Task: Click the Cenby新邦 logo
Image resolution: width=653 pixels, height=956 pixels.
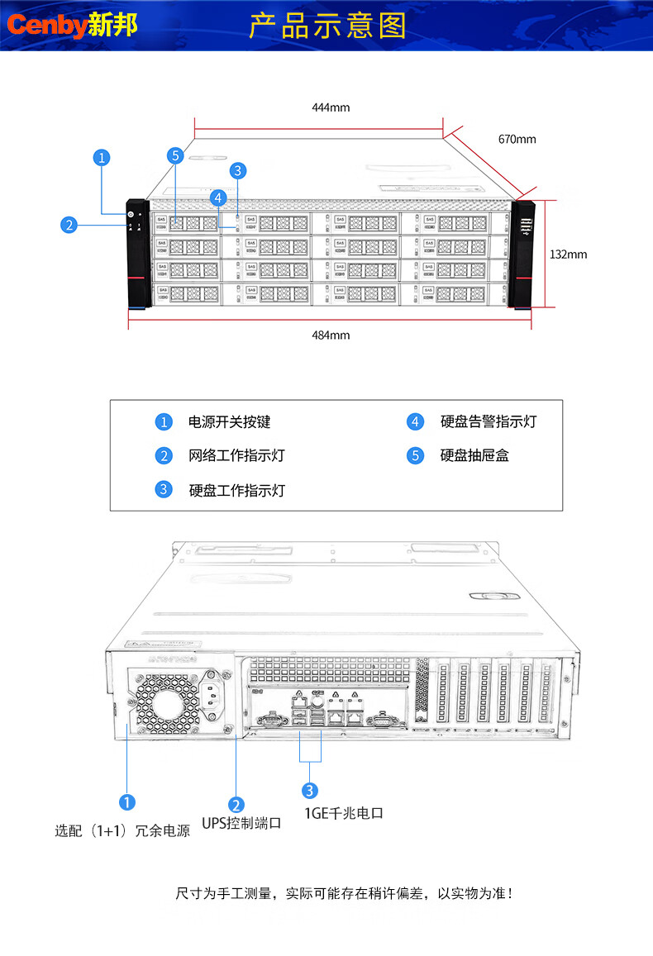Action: pyautogui.click(x=73, y=26)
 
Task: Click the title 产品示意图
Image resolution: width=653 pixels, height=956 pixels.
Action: pyautogui.click(x=328, y=26)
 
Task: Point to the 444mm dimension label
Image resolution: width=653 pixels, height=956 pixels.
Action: pyautogui.click(x=331, y=107)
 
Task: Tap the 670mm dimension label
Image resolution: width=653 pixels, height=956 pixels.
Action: pyautogui.click(x=517, y=139)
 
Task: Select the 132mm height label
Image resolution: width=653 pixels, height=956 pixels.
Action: pyautogui.click(x=568, y=254)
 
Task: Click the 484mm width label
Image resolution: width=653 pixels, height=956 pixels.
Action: pyautogui.click(x=331, y=335)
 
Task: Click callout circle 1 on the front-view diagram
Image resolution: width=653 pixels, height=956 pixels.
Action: pyautogui.click(x=102, y=157)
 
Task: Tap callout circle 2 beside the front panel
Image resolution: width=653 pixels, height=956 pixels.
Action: pyautogui.click(x=69, y=223)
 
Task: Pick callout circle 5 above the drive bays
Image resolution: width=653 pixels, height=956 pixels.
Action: pyautogui.click(x=174, y=155)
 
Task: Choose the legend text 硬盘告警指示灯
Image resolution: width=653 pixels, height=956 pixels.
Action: pyautogui.click(x=488, y=421)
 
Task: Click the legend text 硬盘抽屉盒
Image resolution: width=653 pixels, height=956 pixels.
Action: pyautogui.click(x=474, y=455)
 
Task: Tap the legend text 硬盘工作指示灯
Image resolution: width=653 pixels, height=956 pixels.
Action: pyautogui.click(x=236, y=490)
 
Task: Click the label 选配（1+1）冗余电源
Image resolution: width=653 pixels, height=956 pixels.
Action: pyautogui.click(x=122, y=830)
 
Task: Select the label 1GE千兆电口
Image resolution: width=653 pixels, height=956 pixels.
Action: pyautogui.click(x=344, y=813)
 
